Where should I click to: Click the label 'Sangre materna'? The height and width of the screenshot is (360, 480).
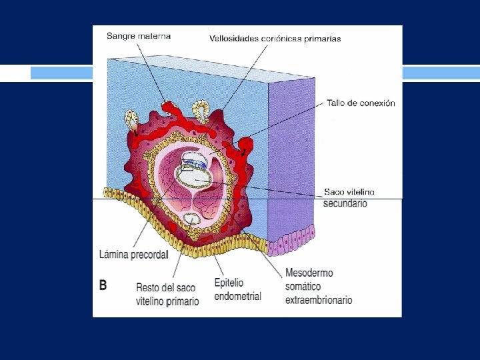coord(139,36)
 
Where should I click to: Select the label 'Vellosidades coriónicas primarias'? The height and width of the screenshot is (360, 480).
coord(275,39)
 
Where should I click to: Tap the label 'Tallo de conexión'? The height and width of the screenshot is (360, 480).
coord(361,103)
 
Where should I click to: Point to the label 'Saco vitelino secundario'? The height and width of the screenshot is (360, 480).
coord(349,197)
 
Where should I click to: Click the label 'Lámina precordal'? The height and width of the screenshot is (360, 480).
coord(133,254)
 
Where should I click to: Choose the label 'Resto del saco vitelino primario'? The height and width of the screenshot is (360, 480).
coord(167,294)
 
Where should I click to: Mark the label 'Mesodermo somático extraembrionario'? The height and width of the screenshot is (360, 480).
coord(318,287)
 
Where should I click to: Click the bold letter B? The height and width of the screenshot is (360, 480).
coord(103,285)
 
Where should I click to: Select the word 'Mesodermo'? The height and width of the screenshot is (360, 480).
coord(309,273)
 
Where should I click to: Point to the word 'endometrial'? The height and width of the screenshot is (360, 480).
coord(237,297)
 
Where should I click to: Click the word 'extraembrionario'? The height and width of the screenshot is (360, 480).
coord(318,301)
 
